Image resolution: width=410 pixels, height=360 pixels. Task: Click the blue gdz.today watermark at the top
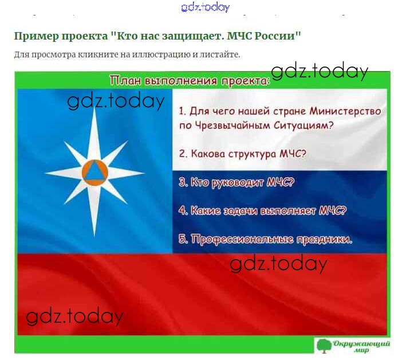click(205, 7)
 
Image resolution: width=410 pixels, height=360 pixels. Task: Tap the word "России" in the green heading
click(274, 36)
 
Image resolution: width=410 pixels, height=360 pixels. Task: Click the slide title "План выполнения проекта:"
click(190, 81)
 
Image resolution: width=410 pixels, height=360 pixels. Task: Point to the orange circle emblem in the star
click(94, 173)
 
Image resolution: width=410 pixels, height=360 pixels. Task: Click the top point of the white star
click(94, 107)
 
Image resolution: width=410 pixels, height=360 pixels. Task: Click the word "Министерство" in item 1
click(345, 111)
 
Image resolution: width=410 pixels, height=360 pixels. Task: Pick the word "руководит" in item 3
click(238, 182)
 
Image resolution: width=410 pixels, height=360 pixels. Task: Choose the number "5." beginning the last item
click(183, 239)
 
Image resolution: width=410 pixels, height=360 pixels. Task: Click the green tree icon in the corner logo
click(324, 346)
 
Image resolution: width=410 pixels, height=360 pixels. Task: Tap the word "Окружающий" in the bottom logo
click(361, 343)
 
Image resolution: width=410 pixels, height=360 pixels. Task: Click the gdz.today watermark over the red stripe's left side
click(74, 316)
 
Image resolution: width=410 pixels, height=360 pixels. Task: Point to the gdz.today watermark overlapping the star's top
click(116, 101)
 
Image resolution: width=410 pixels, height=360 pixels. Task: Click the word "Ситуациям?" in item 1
click(303, 126)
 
